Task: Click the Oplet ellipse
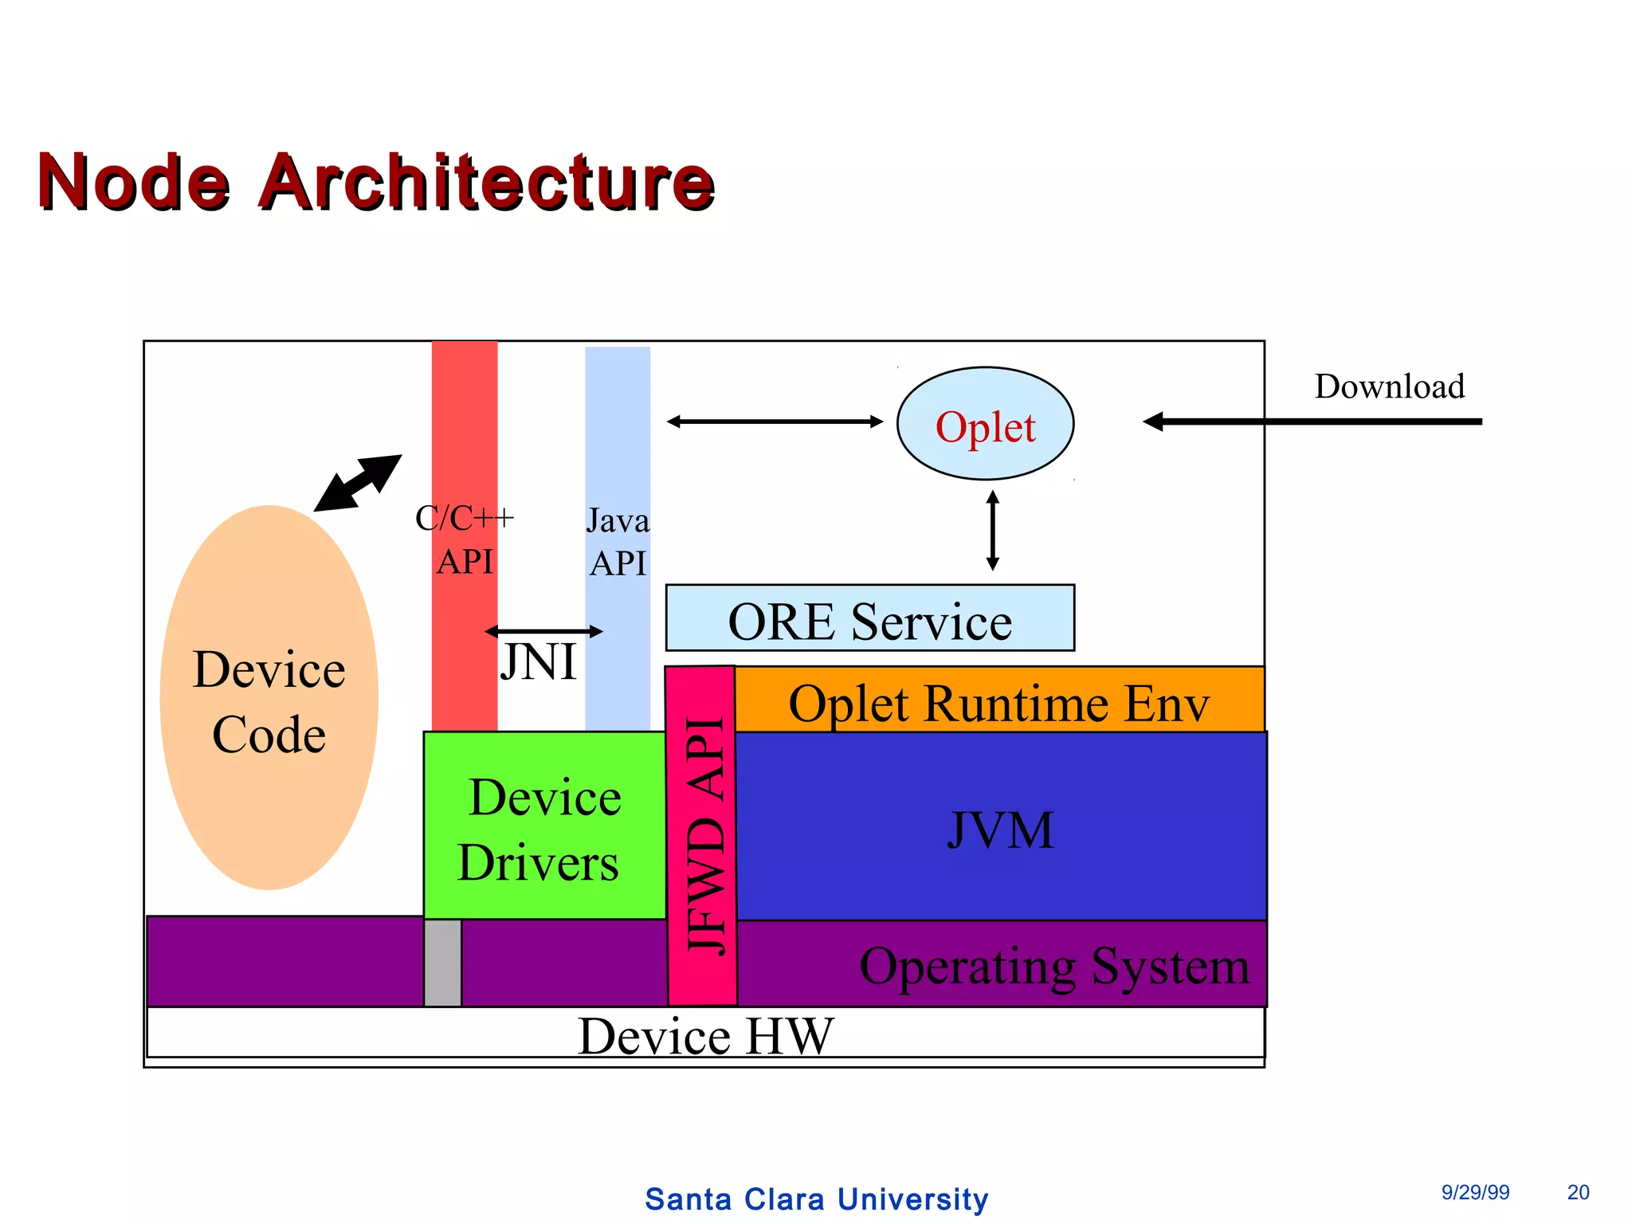click(985, 424)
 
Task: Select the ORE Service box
click(869, 619)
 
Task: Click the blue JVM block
click(1000, 829)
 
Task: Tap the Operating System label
click(1053, 966)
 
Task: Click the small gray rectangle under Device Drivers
click(442, 963)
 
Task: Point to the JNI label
click(538, 661)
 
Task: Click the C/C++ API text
click(465, 539)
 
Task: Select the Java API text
click(618, 542)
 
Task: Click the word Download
click(1389, 386)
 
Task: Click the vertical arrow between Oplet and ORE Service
click(992, 531)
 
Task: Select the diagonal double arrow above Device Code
click(358, 483)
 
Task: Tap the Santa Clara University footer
click(816, 1198)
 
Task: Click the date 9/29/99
click(1475, 1192)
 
